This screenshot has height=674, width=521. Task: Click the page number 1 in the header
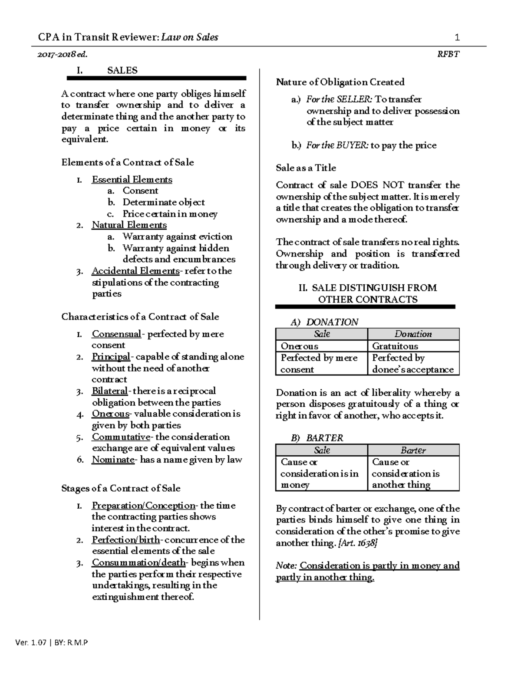[457, 37]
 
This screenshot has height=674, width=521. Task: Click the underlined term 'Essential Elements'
[132, 180]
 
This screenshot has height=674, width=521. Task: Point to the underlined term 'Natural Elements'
[129, 225]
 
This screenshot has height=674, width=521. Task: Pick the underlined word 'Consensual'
[116, 334]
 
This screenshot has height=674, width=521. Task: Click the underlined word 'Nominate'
[113, 460]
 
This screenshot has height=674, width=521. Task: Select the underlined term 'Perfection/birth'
[125, 540]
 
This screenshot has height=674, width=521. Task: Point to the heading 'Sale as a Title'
[306, 168]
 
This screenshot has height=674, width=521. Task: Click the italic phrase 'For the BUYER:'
[337, 145]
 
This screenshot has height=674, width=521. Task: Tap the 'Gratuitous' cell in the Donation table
[395, 346]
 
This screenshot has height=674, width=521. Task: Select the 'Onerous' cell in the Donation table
[300, 346]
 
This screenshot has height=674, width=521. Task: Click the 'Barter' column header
[413, 450]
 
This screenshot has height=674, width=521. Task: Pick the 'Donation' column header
[413, 334]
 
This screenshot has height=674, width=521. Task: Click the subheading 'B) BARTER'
[317, 438]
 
